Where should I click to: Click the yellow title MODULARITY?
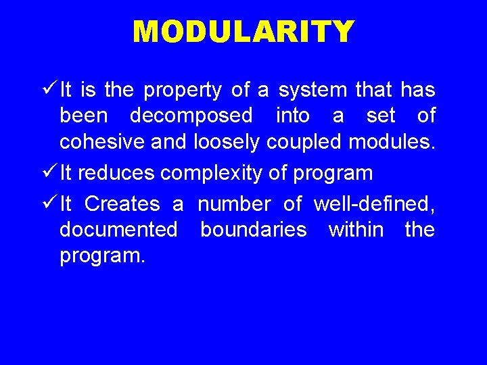pyautogui.click(x=243, y=32)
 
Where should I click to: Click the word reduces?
pyautogui.click(x=116, y=173)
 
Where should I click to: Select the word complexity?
pyautogui.click(x=212, y=173)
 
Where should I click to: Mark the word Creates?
pyautogui.click(x=122, y=203)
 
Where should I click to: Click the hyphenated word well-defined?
pyautogui.click(x=374, y=203)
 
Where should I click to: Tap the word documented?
pyautogui.click(x=118, y=230)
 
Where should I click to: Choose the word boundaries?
pyautogui.click(x=253, y=230)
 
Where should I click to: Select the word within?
pyautogui.click(x=355, y=230)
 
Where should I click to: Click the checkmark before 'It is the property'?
pyautogui.click(x=49, y=89)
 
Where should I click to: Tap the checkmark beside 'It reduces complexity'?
pyautogui.click(x=49, y=172)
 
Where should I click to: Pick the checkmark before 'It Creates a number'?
pyautogui.click(x=49, y=203)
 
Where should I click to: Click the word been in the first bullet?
pyautogui.click(x=83, y=116)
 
